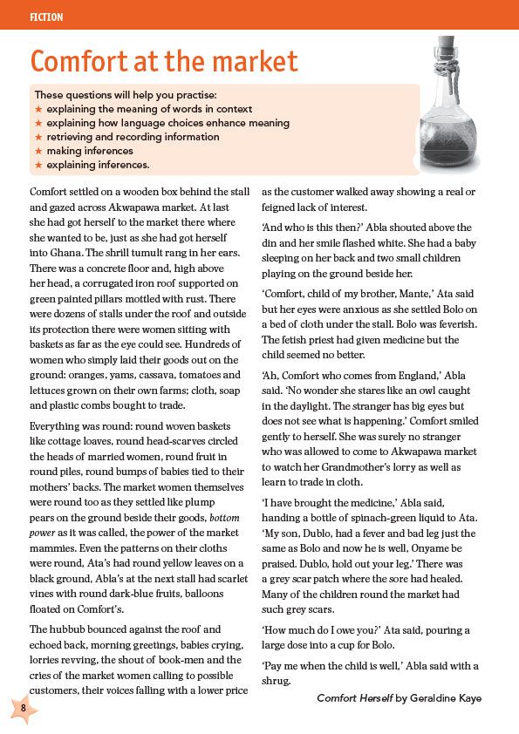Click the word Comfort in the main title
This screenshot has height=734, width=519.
tap(85, 62)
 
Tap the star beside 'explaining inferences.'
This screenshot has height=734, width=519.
tap(38, 165)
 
